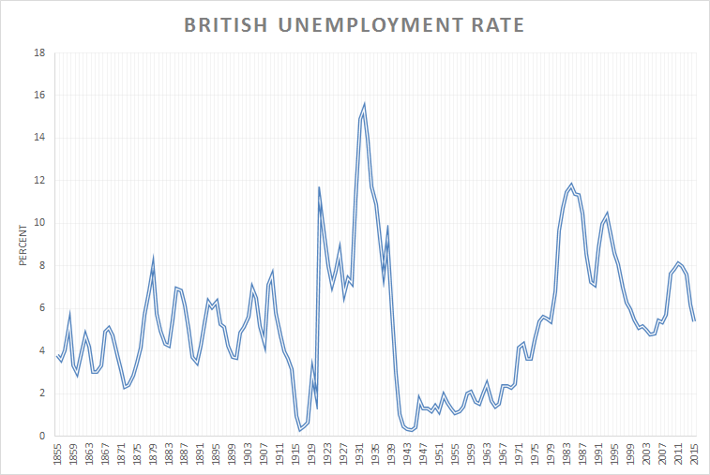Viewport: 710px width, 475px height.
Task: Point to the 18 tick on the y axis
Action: (x=39, y=53)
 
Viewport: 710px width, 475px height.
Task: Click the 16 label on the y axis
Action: (x=39, y=96)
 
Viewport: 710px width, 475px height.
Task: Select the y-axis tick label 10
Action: (x=39, y=223)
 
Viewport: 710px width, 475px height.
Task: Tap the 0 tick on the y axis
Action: (x=42, y=436)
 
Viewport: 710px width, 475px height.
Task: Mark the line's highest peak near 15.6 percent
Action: (x=364, y=104)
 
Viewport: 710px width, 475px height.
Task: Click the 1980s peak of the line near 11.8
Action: (x=571, y=184)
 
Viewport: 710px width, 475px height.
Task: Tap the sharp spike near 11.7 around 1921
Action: (x=319, y=187)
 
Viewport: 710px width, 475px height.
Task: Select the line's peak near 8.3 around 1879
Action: (x=153, y=259)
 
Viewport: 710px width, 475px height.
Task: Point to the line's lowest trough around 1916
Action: (x=300, y=430)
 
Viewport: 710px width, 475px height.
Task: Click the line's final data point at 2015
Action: (x=694, y=320)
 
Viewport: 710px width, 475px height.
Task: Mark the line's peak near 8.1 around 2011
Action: (x=678, y=262)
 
